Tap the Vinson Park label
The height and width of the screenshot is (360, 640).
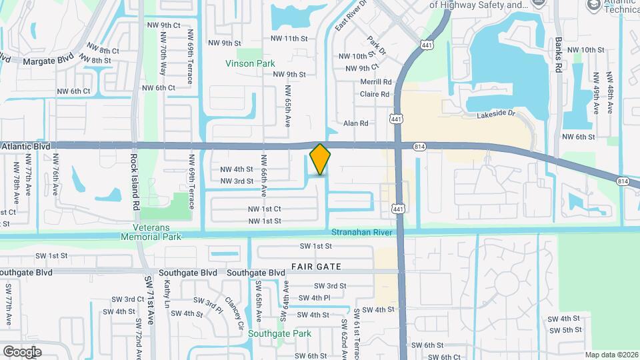250,64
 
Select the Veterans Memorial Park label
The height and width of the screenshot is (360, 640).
151,232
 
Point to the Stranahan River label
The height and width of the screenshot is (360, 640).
362,232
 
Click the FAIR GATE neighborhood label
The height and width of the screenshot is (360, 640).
316,267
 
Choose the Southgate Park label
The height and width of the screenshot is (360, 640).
279,333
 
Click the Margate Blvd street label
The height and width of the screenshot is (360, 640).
47,61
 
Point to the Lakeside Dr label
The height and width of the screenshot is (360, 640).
497,115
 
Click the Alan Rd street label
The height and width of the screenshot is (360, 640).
355,123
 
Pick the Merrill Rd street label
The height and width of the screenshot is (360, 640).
375,82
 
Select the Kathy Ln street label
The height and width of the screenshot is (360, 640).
167,293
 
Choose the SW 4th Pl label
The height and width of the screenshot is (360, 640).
315,298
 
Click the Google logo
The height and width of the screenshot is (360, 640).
22,351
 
